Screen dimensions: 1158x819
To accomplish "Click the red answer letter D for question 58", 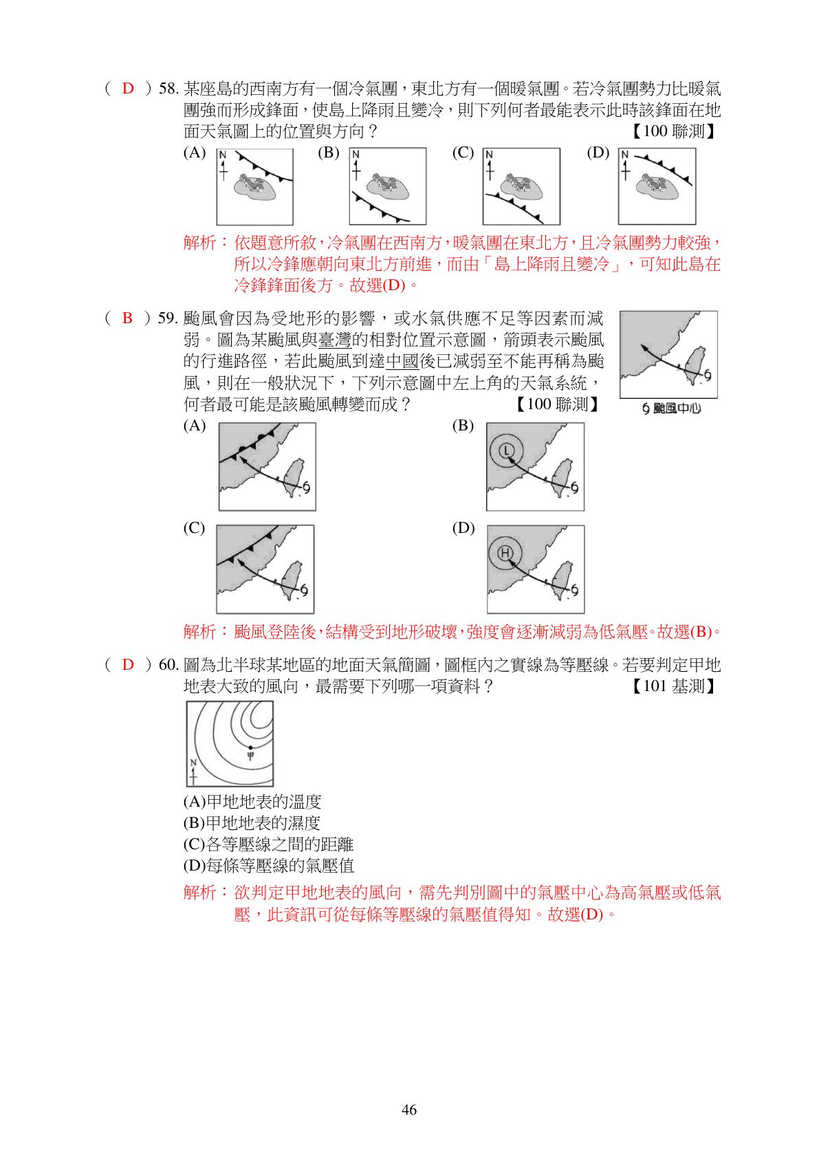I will tap(128, 89).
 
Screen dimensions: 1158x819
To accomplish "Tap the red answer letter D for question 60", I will tap(128, 664).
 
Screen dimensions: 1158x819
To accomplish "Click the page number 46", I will tap(409, 1109).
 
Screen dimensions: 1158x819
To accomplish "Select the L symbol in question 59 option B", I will tap(505, 450).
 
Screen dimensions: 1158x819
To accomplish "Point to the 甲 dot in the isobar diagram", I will tap(250, 747).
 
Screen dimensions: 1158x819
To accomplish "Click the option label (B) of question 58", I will tap(329, 153).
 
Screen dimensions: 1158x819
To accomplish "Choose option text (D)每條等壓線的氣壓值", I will tap(269, 866).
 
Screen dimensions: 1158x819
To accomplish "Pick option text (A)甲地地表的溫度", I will tap(252, 802).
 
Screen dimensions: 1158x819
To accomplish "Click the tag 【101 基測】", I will tap(675, 686).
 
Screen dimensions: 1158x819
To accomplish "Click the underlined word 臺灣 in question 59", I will tap(334, 339).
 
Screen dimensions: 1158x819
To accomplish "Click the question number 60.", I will tap(169, 665).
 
